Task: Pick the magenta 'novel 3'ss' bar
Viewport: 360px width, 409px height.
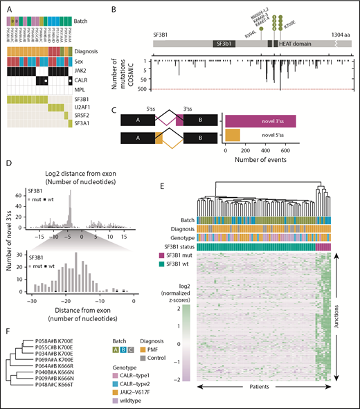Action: click(261, 121)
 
